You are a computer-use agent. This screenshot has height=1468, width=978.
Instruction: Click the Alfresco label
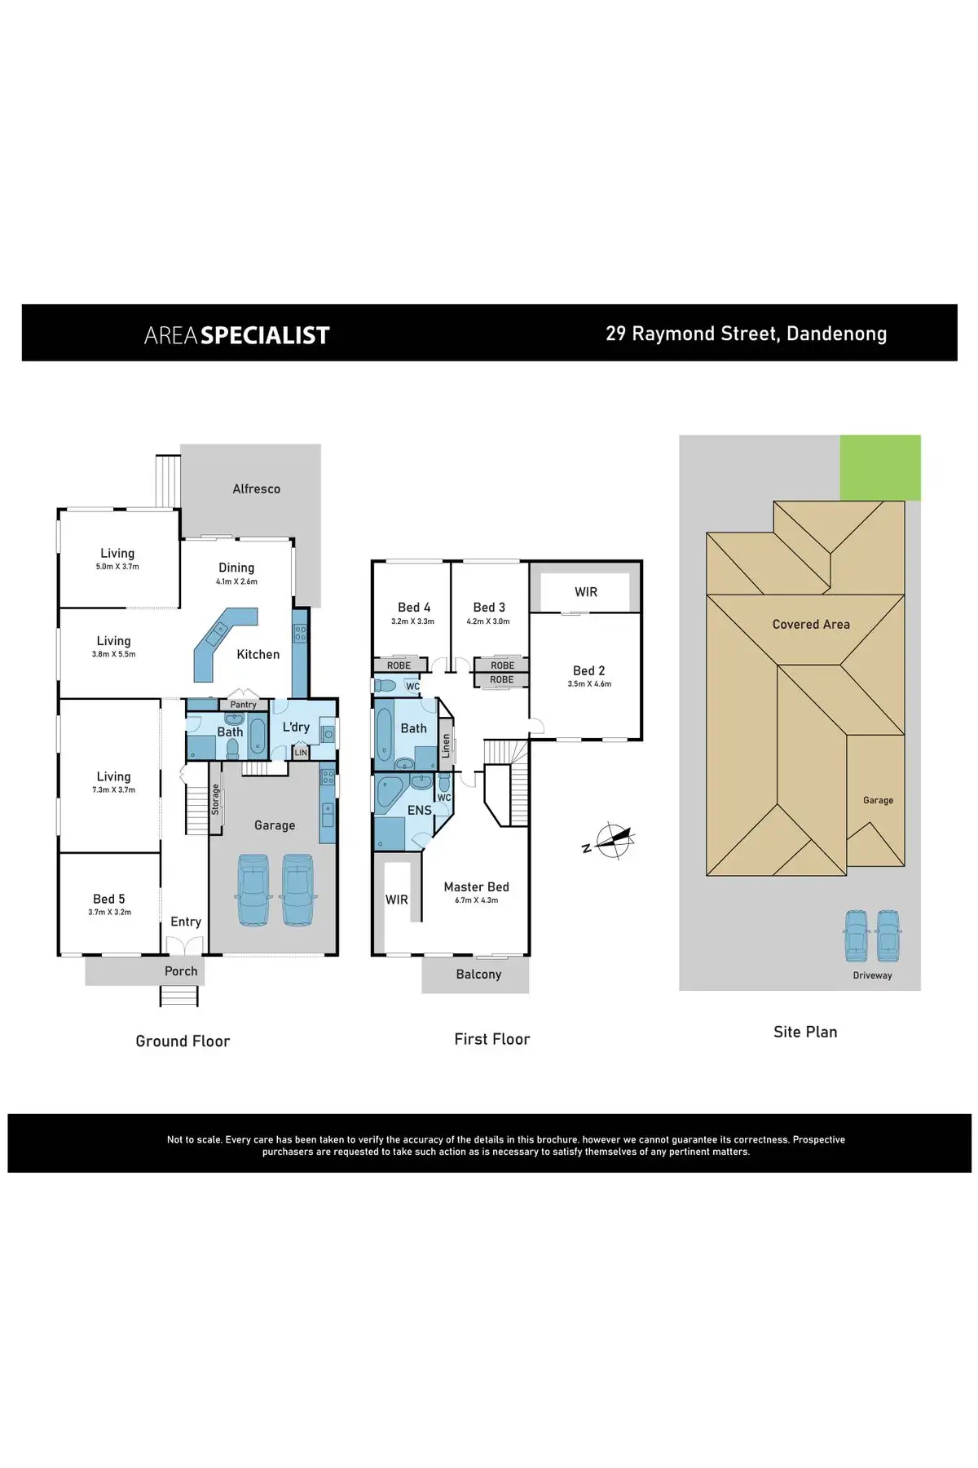tap(257, 489)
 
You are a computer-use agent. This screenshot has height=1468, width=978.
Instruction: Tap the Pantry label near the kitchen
tap(243, 705)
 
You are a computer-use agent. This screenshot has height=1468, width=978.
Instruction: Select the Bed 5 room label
tap(109, 899)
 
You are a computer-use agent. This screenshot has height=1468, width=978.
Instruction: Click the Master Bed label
tap(477, 887)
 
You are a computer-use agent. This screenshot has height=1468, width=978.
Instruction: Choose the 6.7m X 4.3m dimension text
tap(477, 900)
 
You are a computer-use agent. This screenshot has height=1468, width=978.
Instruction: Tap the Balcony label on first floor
tap(479, 975)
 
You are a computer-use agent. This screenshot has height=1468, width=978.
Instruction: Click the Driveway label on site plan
tap(873, 975)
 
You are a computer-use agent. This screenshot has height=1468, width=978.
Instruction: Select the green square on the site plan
tap(880, 467)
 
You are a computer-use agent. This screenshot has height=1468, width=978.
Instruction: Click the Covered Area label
tap(811, 625)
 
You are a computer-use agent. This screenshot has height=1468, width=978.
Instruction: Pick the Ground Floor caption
tap(183, 1041)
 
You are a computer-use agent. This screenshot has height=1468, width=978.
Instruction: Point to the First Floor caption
tap(492, 1039)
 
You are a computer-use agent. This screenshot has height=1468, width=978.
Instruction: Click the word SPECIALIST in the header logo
tap(265, 335)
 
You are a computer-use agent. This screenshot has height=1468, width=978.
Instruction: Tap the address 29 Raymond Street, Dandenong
tap(747, 334)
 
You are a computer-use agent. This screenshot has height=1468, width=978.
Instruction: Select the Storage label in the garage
tap(216, 799)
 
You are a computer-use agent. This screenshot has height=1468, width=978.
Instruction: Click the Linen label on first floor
tap(446, 745)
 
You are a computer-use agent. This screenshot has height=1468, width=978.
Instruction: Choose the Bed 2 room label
tap(589, 670)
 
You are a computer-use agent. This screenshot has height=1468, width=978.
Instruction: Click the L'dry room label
tap(296, 727)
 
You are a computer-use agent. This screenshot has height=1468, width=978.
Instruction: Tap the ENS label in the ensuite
tap(420, 810)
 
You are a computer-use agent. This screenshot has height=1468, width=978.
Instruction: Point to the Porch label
tap(181, 971)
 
